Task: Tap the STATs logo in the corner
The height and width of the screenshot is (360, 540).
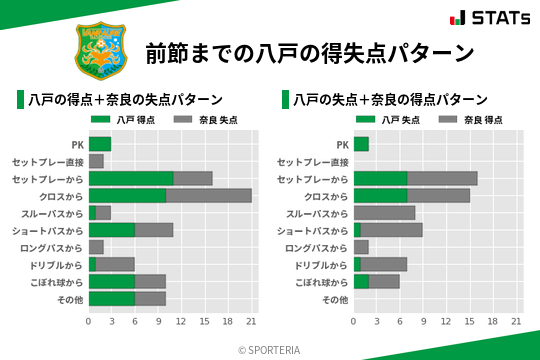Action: [489, 18]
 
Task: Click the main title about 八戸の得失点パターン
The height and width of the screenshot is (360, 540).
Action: [309, 52]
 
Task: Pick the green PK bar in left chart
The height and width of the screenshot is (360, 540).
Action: [99, 144]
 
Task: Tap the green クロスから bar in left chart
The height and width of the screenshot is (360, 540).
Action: [127, 195]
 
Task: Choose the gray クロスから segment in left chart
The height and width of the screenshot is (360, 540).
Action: [208, 195]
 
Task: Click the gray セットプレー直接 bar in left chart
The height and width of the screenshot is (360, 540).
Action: [96, 161]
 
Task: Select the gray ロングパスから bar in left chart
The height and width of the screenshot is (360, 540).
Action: [96, 247]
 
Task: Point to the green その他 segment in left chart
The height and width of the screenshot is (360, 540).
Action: [111, 298]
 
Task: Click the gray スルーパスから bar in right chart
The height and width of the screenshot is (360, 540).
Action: [384, 213]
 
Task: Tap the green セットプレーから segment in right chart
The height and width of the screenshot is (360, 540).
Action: [380, 178]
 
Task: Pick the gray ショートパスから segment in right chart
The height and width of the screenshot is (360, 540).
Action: [391, 230]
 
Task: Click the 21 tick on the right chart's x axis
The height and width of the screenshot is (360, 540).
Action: [516, 322]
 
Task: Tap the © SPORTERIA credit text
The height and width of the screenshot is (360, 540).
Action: [269, 349]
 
